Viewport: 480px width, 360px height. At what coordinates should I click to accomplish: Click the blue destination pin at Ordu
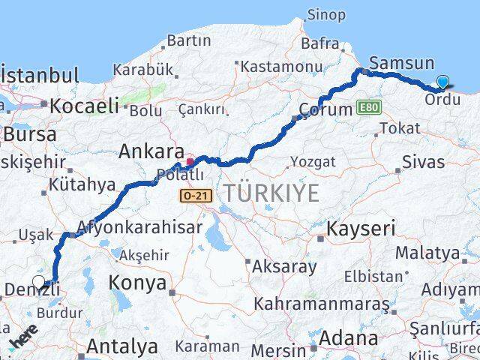coord(443,83)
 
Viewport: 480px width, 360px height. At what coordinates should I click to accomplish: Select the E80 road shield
coord(369,107)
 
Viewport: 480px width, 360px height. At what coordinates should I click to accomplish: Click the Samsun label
coord(402,64)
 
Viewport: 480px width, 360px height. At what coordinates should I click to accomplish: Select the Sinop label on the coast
coord(327,15)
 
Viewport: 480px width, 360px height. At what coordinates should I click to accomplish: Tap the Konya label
coord(137,283)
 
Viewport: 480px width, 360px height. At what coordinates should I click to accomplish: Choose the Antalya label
coord(122,346)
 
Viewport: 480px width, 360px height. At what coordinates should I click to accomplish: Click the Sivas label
coord(423,161)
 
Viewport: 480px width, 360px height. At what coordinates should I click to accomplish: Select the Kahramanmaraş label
coord(322,304)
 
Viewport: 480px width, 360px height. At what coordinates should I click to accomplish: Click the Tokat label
coord(399,128)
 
